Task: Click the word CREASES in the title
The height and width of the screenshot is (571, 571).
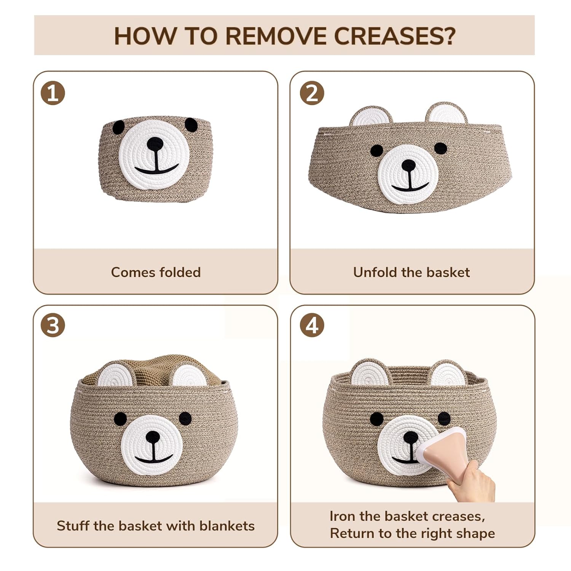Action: point(394,36)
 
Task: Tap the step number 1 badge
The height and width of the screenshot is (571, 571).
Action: point(53,93)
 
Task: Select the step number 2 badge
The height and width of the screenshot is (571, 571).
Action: point(312,93)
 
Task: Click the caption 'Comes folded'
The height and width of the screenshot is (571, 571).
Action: point(156,272)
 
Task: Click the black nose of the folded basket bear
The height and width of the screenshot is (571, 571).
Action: point(155,144)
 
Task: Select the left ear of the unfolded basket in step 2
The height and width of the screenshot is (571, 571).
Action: point(371,116)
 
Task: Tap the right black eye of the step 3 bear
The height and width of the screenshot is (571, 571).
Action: point(185,418)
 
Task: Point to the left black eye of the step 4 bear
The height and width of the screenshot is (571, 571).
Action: point(377,419)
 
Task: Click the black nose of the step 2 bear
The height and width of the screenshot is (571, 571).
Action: point(408,165)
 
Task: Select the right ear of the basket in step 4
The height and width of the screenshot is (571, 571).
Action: point(448,373)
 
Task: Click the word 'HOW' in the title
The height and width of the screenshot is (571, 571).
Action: point(145,36)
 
